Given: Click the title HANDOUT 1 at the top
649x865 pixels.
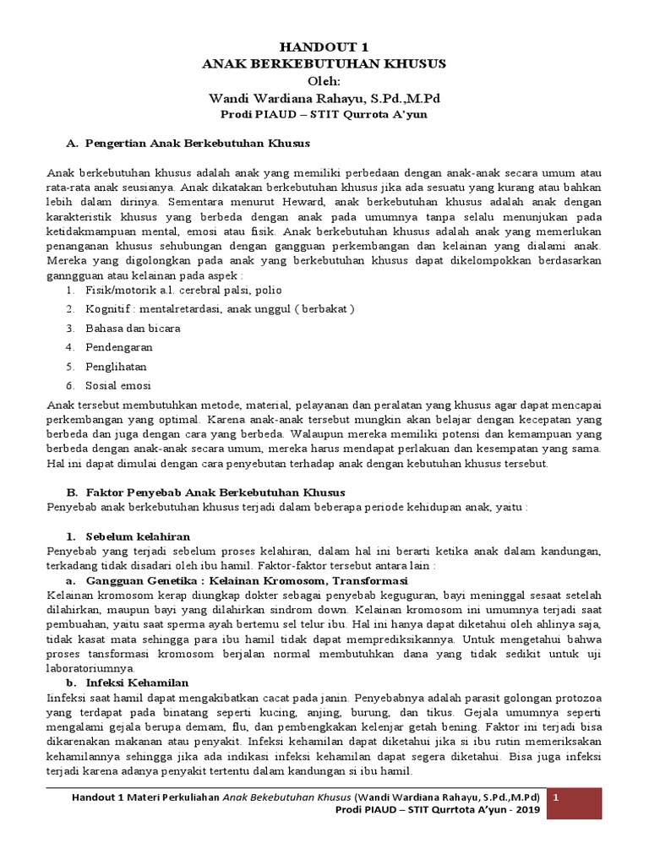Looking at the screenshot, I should pos(324,46).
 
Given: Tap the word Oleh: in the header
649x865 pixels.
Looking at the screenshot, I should pos(324,81).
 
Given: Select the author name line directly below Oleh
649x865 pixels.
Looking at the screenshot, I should pos(324,98).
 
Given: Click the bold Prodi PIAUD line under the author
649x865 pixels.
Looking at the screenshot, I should pos(324,115).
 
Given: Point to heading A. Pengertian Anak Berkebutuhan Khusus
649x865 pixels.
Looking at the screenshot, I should pos(188,143).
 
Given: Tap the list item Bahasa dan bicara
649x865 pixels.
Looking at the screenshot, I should pos(133,328).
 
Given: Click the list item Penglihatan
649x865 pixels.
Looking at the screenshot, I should pos(116,367).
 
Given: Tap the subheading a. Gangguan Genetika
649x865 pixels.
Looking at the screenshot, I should pos(237,581).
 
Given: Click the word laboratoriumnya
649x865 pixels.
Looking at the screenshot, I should pos(90,667).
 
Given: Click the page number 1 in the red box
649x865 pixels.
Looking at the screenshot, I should pos(556,798).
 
